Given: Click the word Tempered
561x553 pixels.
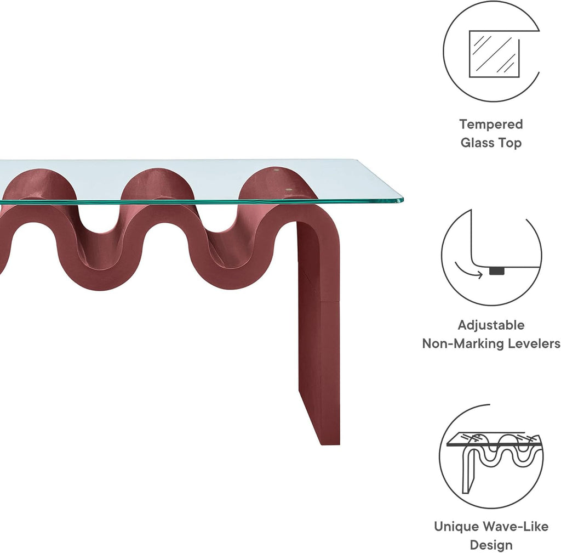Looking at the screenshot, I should tap(491, 125).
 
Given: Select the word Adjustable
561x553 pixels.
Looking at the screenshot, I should tap(491, 325).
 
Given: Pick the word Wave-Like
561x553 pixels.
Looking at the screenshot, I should tap(515, 527).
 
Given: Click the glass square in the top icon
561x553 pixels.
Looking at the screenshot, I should tap(494, 53).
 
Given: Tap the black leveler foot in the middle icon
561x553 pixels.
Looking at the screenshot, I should tap(497, 270).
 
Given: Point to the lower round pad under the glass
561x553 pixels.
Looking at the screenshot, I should tap(290, 190).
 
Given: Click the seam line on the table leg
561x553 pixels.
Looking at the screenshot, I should tap(318, 302).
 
